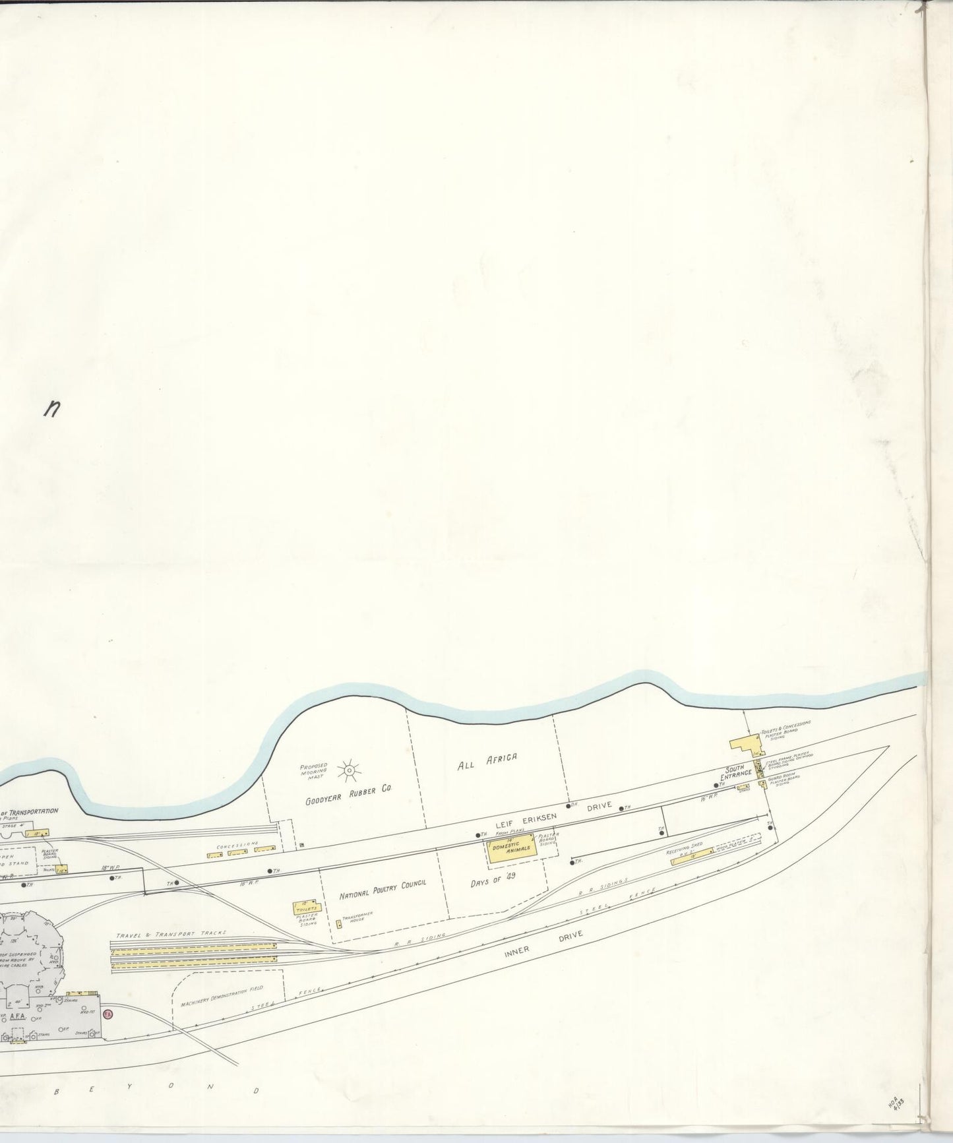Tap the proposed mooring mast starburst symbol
[x=348, y=769]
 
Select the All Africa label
[x=487, y=762]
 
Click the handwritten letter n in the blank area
[x=52, y=410]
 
